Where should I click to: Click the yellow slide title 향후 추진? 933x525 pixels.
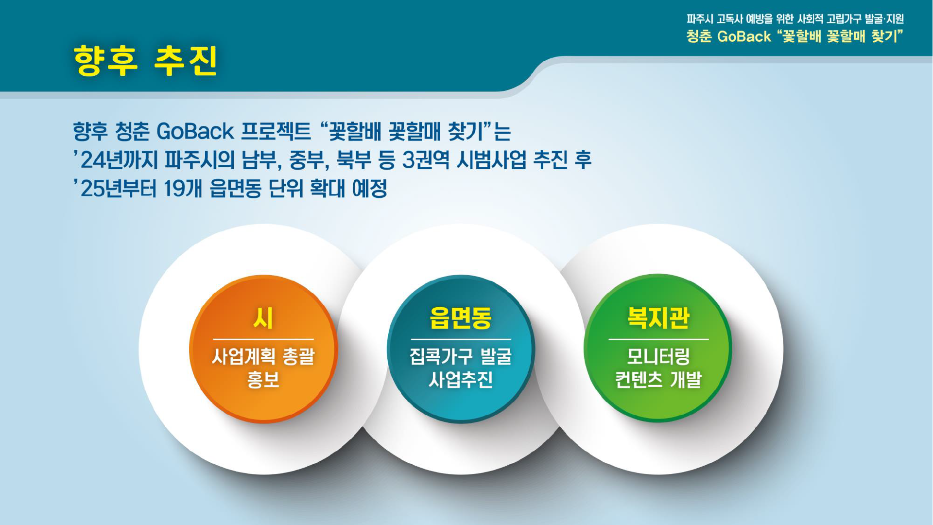coord(145,61)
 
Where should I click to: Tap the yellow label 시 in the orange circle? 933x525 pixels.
coord(263,318)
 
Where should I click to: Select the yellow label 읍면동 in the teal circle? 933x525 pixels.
coord(461,318)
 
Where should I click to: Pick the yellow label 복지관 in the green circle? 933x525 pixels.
coord(658,318)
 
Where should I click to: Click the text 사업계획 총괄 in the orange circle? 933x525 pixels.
coord(263,357)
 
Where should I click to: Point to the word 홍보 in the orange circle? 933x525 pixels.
coord(263,380)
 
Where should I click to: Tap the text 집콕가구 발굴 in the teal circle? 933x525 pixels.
coord(461,357)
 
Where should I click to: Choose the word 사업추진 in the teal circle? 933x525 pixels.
coord(461,380)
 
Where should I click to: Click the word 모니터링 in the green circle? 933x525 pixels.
coord(658,357)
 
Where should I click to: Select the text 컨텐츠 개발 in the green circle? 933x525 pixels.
coord(658,380)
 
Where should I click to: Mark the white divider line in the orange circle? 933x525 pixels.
coord(263,339)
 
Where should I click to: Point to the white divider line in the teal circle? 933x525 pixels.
coord(461,339)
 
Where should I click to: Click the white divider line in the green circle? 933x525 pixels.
coord(658,339)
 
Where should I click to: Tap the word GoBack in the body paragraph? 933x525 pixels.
coord(195,131)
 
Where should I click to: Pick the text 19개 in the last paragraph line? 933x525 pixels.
coord(183,189)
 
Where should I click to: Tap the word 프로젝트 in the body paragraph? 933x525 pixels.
coord(276,131)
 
